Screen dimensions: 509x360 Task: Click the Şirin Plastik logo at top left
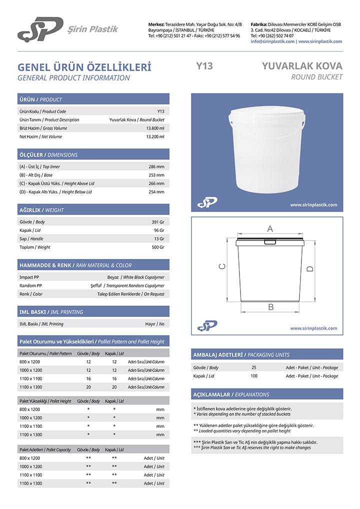pyautogui.click(x=40, y=28)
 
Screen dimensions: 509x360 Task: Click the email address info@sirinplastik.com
pyautogui.click(x=272, y=41)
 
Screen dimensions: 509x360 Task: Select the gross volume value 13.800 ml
pyautogui.click(x=155, y=128)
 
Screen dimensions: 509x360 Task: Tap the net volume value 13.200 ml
pyautogui.click(x=155, y=136)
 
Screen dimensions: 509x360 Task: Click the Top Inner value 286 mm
pyautogui.click(x=156, y=166)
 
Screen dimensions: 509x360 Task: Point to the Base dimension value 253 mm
pyautogui.click(x=156, y=175)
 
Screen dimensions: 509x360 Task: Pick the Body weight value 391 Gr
pyautogui.click(x=157, y=221)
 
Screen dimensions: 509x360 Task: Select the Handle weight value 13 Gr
pyautogui.click(x=159, y=238)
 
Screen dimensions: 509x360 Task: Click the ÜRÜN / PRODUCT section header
pyautogui.click(x=41, y=99)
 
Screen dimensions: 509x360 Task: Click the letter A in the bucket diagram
pyautogui.click(x=270, y=228)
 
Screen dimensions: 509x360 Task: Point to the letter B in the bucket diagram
pyautogui.click(x=270, y=307)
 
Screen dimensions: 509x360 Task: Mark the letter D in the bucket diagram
pyautogui.click(x=310, y=269)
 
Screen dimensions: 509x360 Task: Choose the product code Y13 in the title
pyautogui.click(x=204, y=66)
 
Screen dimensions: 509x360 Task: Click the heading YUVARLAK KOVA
pyautogui.click(x=302, y=66)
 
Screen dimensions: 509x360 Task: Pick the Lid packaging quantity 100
pyautogui.click(x=254, y=375)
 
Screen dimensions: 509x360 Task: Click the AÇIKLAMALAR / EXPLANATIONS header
pyautogui.click(x=231, y=394)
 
